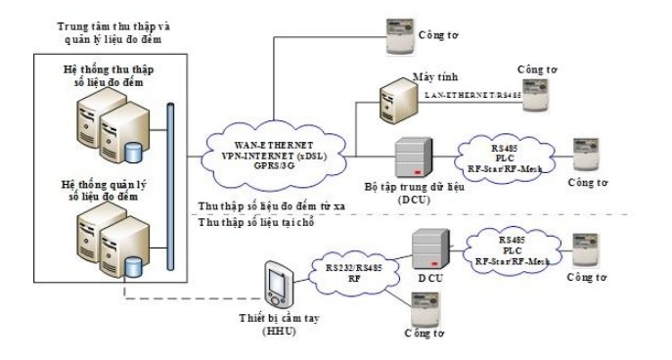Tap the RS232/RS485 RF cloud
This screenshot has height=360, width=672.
[355, 265]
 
